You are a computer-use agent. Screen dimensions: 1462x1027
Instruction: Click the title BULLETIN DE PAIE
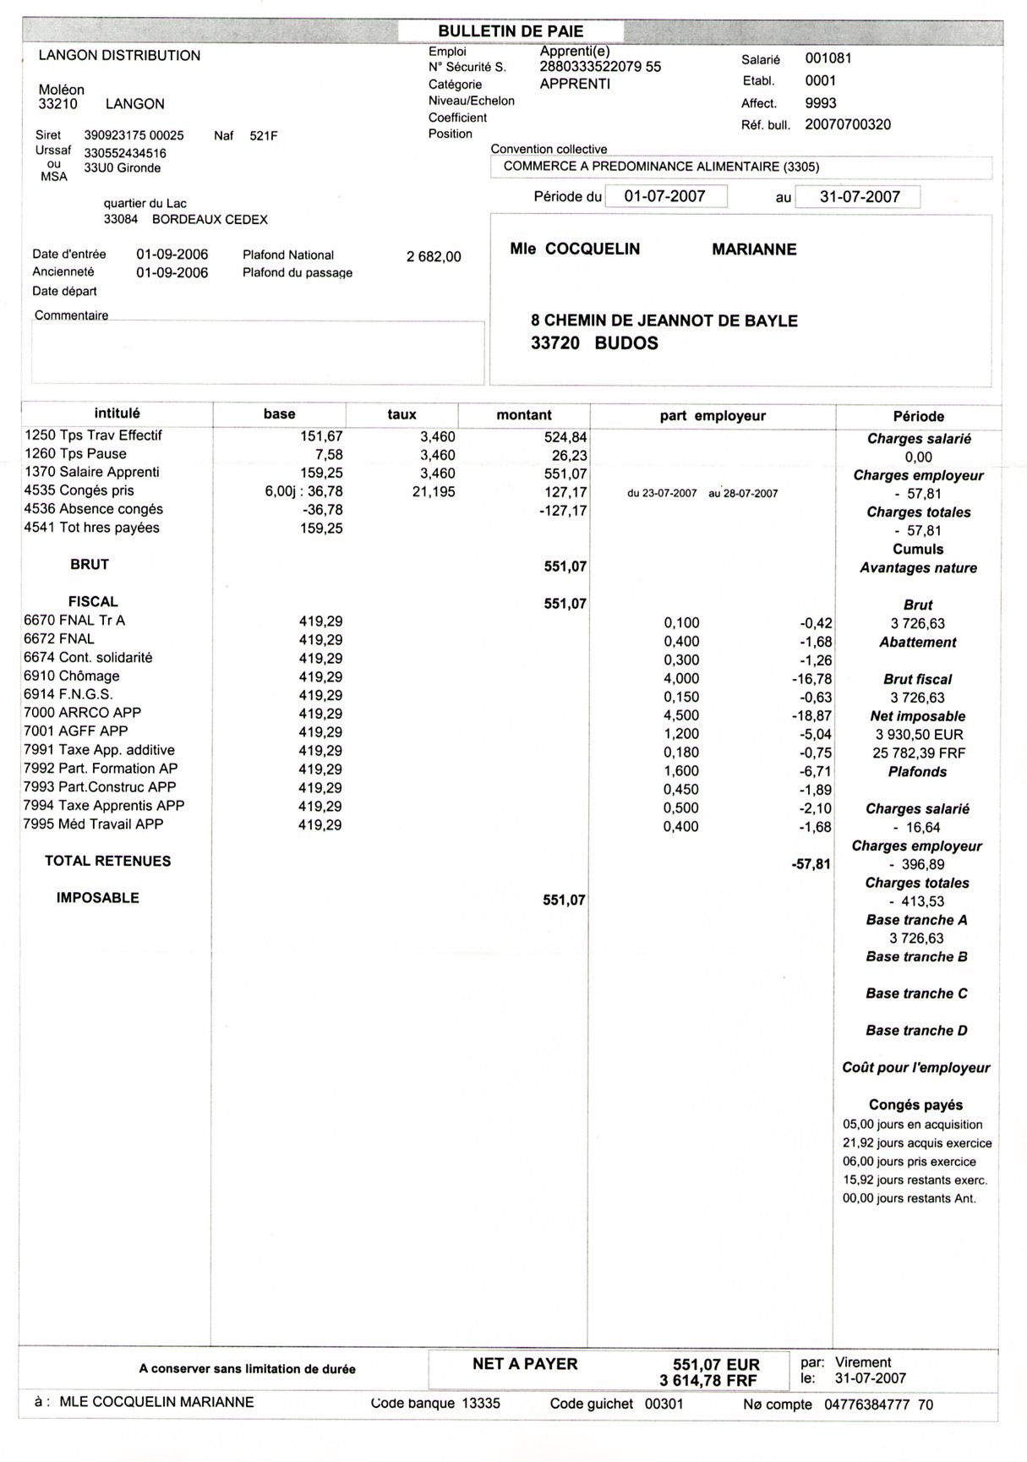[x=511, y=31]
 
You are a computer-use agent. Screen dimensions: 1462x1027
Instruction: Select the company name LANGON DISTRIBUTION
[x=120, y=56]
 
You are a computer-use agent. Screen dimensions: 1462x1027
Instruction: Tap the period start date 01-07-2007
[x=664, y=196]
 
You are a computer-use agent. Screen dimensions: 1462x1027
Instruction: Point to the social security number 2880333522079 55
[x=600, y=67]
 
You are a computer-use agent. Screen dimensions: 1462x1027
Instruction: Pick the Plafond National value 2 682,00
[x=434, y=256]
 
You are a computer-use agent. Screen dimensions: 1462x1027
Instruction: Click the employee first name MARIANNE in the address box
[x=754, y=249]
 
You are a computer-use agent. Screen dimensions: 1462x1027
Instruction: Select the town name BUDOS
[x=625, y=343]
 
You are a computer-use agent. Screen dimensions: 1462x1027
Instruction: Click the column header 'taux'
[x=402, y=414]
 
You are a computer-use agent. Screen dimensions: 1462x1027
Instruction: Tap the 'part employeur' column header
[x=713, y=416]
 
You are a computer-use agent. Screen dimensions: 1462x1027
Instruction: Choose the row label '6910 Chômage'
[x=72, y=676]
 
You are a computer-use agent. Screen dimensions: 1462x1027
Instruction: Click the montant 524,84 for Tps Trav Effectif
[x=565, y=437]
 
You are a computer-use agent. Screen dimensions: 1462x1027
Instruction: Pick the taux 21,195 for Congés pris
[x=433, y=491]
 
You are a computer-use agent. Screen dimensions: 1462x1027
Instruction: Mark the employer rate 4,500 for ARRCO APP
[x=681, y=715]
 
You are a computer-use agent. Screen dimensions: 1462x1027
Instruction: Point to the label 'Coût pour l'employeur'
[x=915, y=1068]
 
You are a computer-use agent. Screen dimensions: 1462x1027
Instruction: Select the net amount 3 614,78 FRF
[x=709, y=1381]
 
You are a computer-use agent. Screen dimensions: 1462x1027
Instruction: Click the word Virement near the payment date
[x=863, y=1362]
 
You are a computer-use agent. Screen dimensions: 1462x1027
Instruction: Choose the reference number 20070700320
[x=848, y=125]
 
